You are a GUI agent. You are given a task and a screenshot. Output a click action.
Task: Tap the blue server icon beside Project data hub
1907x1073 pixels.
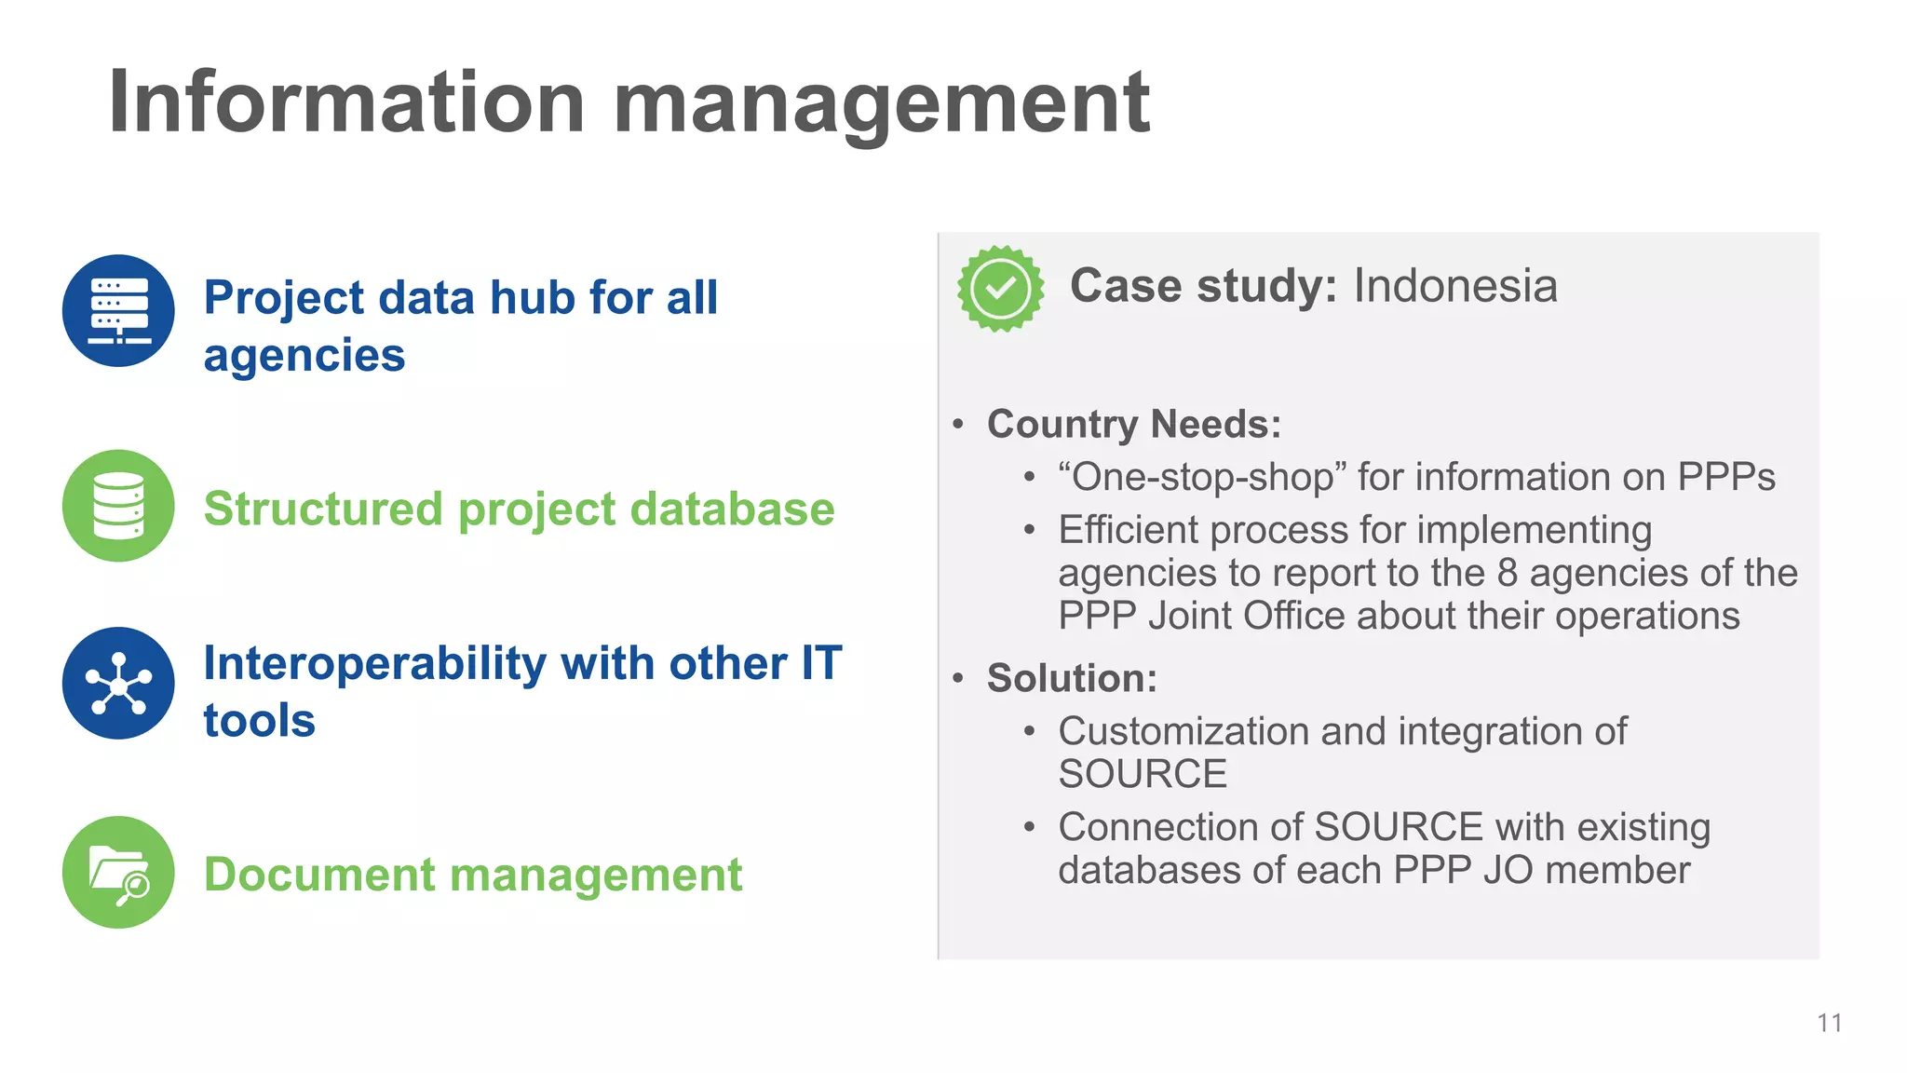[118, 311]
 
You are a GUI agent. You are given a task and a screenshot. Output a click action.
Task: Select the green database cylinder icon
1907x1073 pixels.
[118, 506]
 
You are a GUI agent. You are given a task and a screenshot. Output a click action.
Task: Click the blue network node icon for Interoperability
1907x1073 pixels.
[118, 684]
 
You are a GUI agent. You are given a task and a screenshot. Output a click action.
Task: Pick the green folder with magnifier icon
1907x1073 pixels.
[118, 873]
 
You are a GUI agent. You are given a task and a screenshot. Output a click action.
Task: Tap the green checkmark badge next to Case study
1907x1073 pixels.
[1000, 289]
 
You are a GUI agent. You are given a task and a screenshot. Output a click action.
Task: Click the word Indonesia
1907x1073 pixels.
[1454, 286]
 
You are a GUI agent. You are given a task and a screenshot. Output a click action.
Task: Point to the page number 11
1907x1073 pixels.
[1829, 1023]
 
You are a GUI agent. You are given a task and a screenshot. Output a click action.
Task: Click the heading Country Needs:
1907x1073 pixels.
[1133, 425]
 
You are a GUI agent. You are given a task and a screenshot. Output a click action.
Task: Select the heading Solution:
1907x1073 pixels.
[1072, 678]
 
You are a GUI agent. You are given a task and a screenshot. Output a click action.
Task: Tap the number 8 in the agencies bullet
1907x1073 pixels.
[1508, 573]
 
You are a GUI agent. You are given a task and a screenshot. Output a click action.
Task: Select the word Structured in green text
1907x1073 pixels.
[323, 509]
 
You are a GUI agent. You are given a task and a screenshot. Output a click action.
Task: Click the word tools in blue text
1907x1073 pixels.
[259, 721]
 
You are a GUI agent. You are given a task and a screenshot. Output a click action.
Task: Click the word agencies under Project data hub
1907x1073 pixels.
[304, 357]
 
